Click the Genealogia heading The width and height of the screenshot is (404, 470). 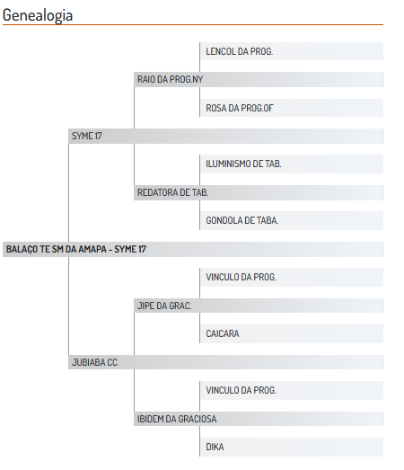click(38, 15)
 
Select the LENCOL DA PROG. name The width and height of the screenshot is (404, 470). click(240, 51)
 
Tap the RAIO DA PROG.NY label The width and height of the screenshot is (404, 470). click(170, 79)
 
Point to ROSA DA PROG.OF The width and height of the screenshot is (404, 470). click(240, 108)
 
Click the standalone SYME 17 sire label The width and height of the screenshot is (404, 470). click(87, 136)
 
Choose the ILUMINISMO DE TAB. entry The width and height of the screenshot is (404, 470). click(243, 164)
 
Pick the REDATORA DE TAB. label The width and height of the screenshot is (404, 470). click(172, 192)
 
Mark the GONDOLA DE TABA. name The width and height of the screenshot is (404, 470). click(242, 220)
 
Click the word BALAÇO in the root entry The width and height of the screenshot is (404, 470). click(22, 250)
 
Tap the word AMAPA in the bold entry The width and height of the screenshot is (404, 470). click(92, 250)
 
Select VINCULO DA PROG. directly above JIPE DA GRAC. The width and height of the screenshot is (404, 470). click(241, 277)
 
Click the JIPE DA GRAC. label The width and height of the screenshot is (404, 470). click(164, 306)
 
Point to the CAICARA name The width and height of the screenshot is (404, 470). click(223, 333)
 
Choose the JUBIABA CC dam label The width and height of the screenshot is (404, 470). click(94, 362)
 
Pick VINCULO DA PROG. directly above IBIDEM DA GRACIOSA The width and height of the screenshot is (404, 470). click(241, 390)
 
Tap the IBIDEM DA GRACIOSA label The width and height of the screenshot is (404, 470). click(177, 419)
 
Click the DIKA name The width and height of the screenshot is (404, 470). click(215, 447)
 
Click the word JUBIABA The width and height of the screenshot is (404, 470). click(88, 362)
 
